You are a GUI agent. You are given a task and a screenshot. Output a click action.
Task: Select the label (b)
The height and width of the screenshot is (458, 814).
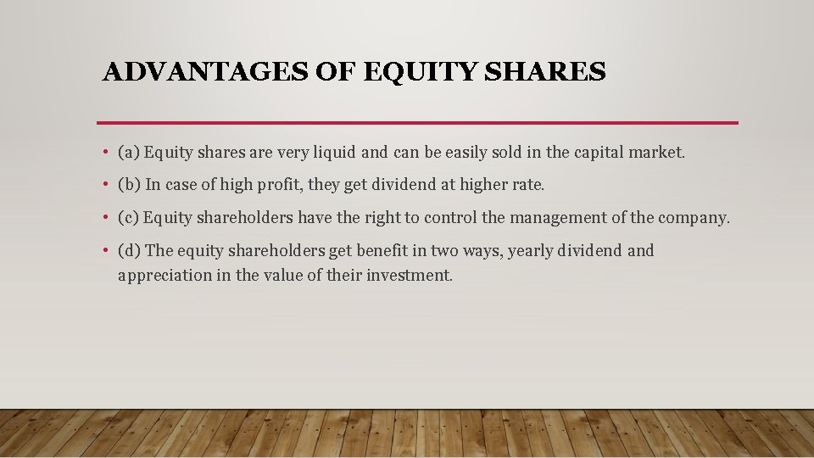[x=129, y=185]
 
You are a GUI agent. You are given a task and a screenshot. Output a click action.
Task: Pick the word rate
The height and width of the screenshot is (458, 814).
[x=528, y=185]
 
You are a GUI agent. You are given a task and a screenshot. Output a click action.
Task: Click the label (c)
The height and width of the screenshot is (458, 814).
[x=128, y=218]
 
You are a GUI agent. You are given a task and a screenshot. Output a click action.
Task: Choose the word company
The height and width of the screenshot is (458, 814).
[x=695, y=218]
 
